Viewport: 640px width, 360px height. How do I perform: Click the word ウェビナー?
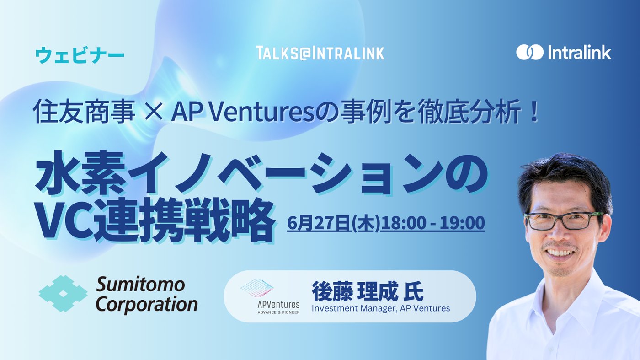pos(80,56)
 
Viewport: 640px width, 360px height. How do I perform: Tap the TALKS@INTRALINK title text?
pos(320,53)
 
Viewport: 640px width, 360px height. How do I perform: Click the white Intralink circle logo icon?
pos(530,52)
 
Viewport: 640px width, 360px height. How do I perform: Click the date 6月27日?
pos(319,223)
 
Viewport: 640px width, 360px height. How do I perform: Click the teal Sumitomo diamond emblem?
pos(63,293)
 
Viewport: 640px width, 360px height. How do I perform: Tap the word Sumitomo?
pos(140,285)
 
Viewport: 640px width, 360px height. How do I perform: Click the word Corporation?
pos(147,304)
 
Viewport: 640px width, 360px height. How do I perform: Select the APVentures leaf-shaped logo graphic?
pos(257,288)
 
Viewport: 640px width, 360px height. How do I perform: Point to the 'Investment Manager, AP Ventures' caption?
pos(381,308)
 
